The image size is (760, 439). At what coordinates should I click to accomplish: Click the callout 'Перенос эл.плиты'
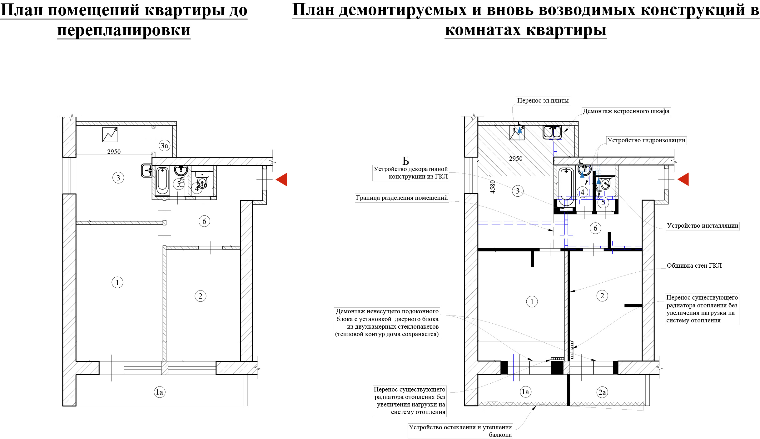point(543,100)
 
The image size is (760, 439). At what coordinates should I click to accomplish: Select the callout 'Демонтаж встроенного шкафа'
point(626,111)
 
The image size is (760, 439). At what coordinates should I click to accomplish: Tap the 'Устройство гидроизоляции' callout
point(646,140)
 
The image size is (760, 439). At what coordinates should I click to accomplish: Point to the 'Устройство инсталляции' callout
point(703,226)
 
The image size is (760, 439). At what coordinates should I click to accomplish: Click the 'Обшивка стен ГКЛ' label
point(694,266)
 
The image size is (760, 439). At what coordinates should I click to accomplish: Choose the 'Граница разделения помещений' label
point(402,198)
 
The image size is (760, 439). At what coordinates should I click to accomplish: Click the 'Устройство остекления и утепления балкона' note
point(460,431)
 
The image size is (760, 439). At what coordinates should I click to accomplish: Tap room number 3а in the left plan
point(164,146)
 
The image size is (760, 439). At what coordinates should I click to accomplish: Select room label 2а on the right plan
point(602,392)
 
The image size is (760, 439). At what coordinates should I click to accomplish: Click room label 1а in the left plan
point(159,392)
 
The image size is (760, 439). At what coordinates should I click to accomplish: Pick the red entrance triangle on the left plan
point(281,179)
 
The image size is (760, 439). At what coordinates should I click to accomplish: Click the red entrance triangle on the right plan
point(683,179)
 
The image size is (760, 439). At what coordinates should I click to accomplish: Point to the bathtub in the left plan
point(162,181)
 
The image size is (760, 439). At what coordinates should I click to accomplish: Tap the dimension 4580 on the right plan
point(493,187)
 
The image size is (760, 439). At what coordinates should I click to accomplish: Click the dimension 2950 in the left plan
point(114,152)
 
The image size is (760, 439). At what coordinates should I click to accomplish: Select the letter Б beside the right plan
point(406,161)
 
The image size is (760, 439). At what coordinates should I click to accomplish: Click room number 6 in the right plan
point(595,228)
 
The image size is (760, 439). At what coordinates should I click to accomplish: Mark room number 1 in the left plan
point(117,283)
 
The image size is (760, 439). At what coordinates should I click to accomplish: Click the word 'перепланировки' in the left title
point(124,31)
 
